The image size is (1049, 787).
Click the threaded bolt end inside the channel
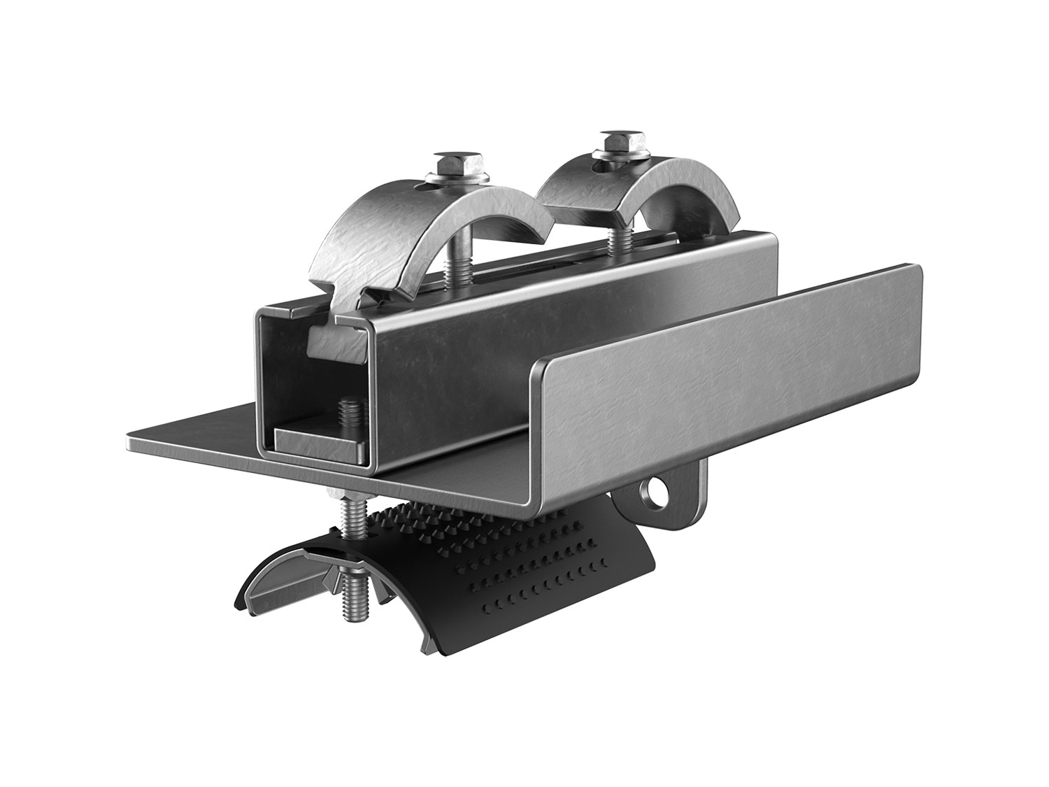[x=347, y=413]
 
